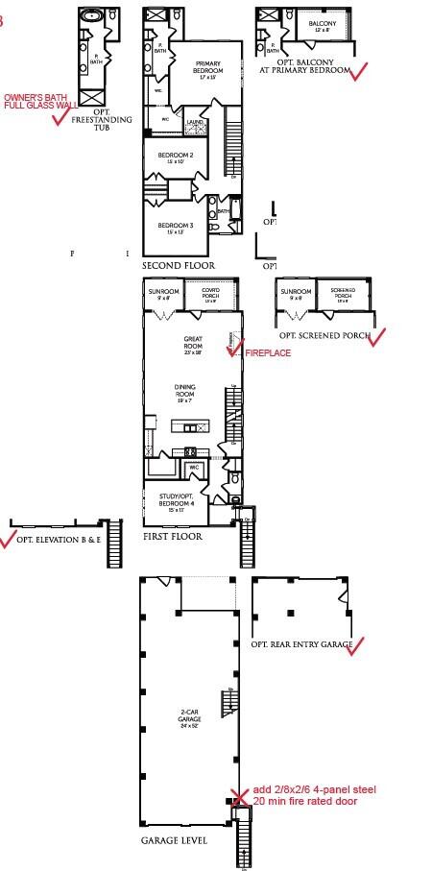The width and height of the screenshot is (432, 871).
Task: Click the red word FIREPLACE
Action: [x=268, y=353]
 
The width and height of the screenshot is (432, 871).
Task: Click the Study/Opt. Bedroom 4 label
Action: [x=179, y=499]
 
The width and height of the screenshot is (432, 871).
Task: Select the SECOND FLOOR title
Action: [x=179, y=265]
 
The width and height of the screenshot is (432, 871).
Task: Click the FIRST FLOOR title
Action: [x=173, y=536]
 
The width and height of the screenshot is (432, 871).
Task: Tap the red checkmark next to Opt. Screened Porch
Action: [x=374, y=337]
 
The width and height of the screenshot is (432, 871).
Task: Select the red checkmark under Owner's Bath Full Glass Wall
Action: [x=64, y=116]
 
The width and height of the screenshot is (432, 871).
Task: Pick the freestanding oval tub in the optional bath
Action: [x=94, y=16]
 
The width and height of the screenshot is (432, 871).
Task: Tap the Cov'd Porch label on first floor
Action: [x=211, y=295]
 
